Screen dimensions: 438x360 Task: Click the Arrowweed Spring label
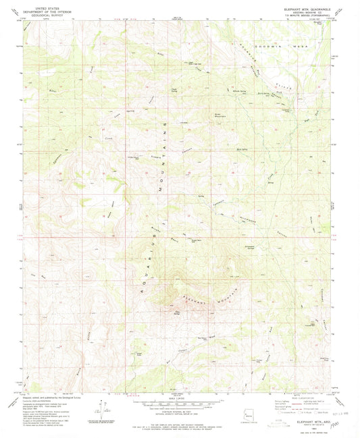(x=240, y=248)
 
